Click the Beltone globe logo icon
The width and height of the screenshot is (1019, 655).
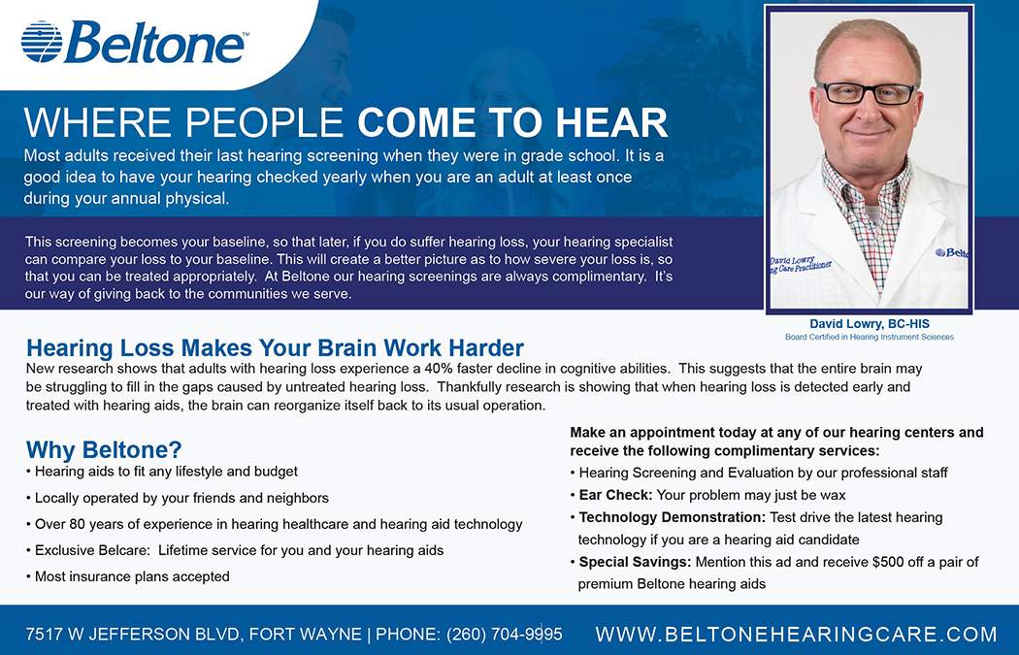[x=42, y=42]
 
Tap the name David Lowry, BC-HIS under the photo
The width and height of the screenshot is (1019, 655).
[x=869, y=323]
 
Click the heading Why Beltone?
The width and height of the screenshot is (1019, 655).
[x=104, y=449]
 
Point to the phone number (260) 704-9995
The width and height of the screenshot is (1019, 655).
[x=505, y=635]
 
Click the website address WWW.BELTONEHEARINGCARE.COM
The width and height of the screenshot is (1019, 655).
[x=796, y=635]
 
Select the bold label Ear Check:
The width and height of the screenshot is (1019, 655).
[x=615, y=495]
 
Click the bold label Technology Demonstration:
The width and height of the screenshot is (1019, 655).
[x=673, y=517]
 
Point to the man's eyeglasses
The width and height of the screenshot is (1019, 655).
[x=867, y=93]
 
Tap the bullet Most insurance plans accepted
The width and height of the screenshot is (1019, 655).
[x=128, y=576]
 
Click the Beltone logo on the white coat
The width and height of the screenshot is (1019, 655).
[x=951, y=252]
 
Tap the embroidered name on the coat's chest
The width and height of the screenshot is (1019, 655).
[x=800, y=264]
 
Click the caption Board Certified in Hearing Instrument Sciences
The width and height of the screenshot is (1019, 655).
[x=870, y=338]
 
